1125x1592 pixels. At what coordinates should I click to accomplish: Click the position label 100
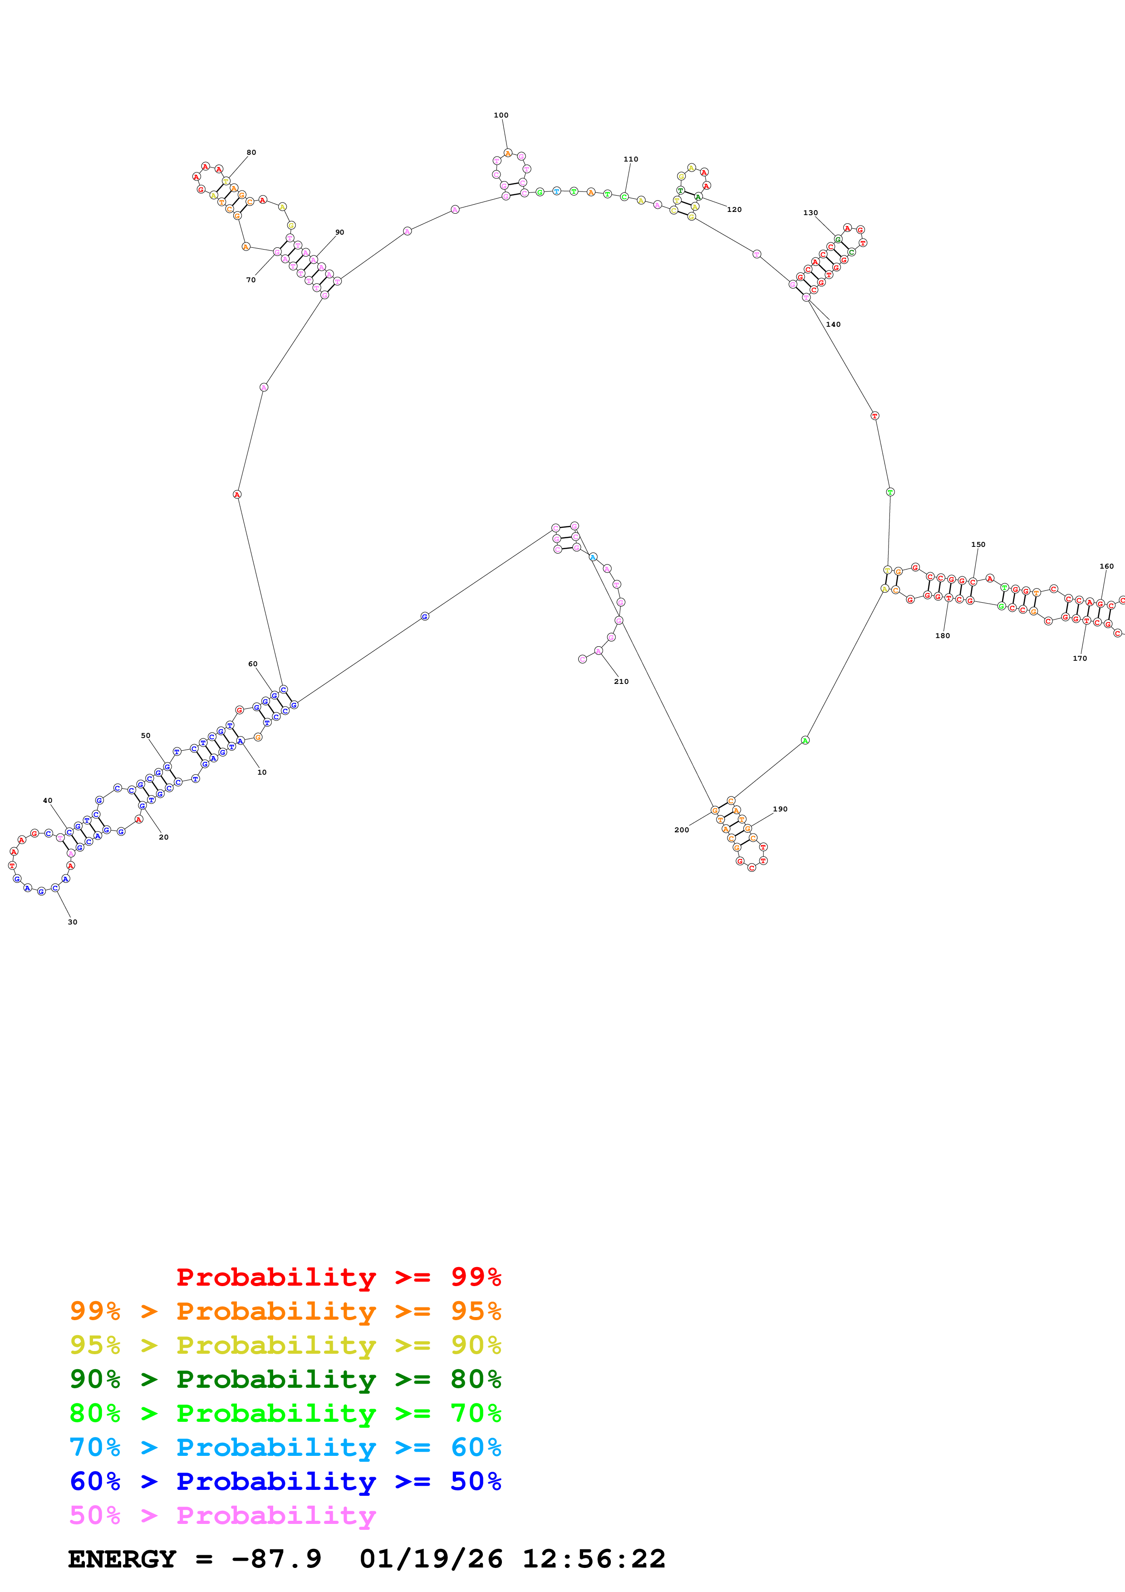point(501,115)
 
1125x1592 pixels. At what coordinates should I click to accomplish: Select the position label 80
point(251,152)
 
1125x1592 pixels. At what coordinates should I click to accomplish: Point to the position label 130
point(811,213)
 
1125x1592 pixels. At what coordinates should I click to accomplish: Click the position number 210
point(621,682)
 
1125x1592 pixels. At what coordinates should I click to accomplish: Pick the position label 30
point(73,922)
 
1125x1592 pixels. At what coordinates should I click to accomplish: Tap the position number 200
point(681,830)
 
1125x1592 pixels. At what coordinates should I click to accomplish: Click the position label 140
point(833,324)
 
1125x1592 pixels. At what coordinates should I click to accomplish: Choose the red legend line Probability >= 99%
point(339,1277)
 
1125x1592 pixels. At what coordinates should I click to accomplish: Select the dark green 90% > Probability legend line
point(285,1379)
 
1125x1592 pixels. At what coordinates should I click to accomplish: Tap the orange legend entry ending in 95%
point(285,1311)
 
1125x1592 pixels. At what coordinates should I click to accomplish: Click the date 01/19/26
point(431,1559)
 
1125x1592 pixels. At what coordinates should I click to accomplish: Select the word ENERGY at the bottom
point(122,1559)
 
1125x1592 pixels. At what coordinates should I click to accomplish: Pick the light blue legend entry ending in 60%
point(285,1447)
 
